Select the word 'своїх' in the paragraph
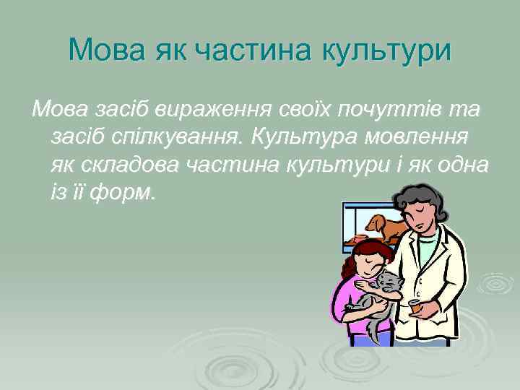298,110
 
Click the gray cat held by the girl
383,289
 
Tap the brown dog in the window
385,227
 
